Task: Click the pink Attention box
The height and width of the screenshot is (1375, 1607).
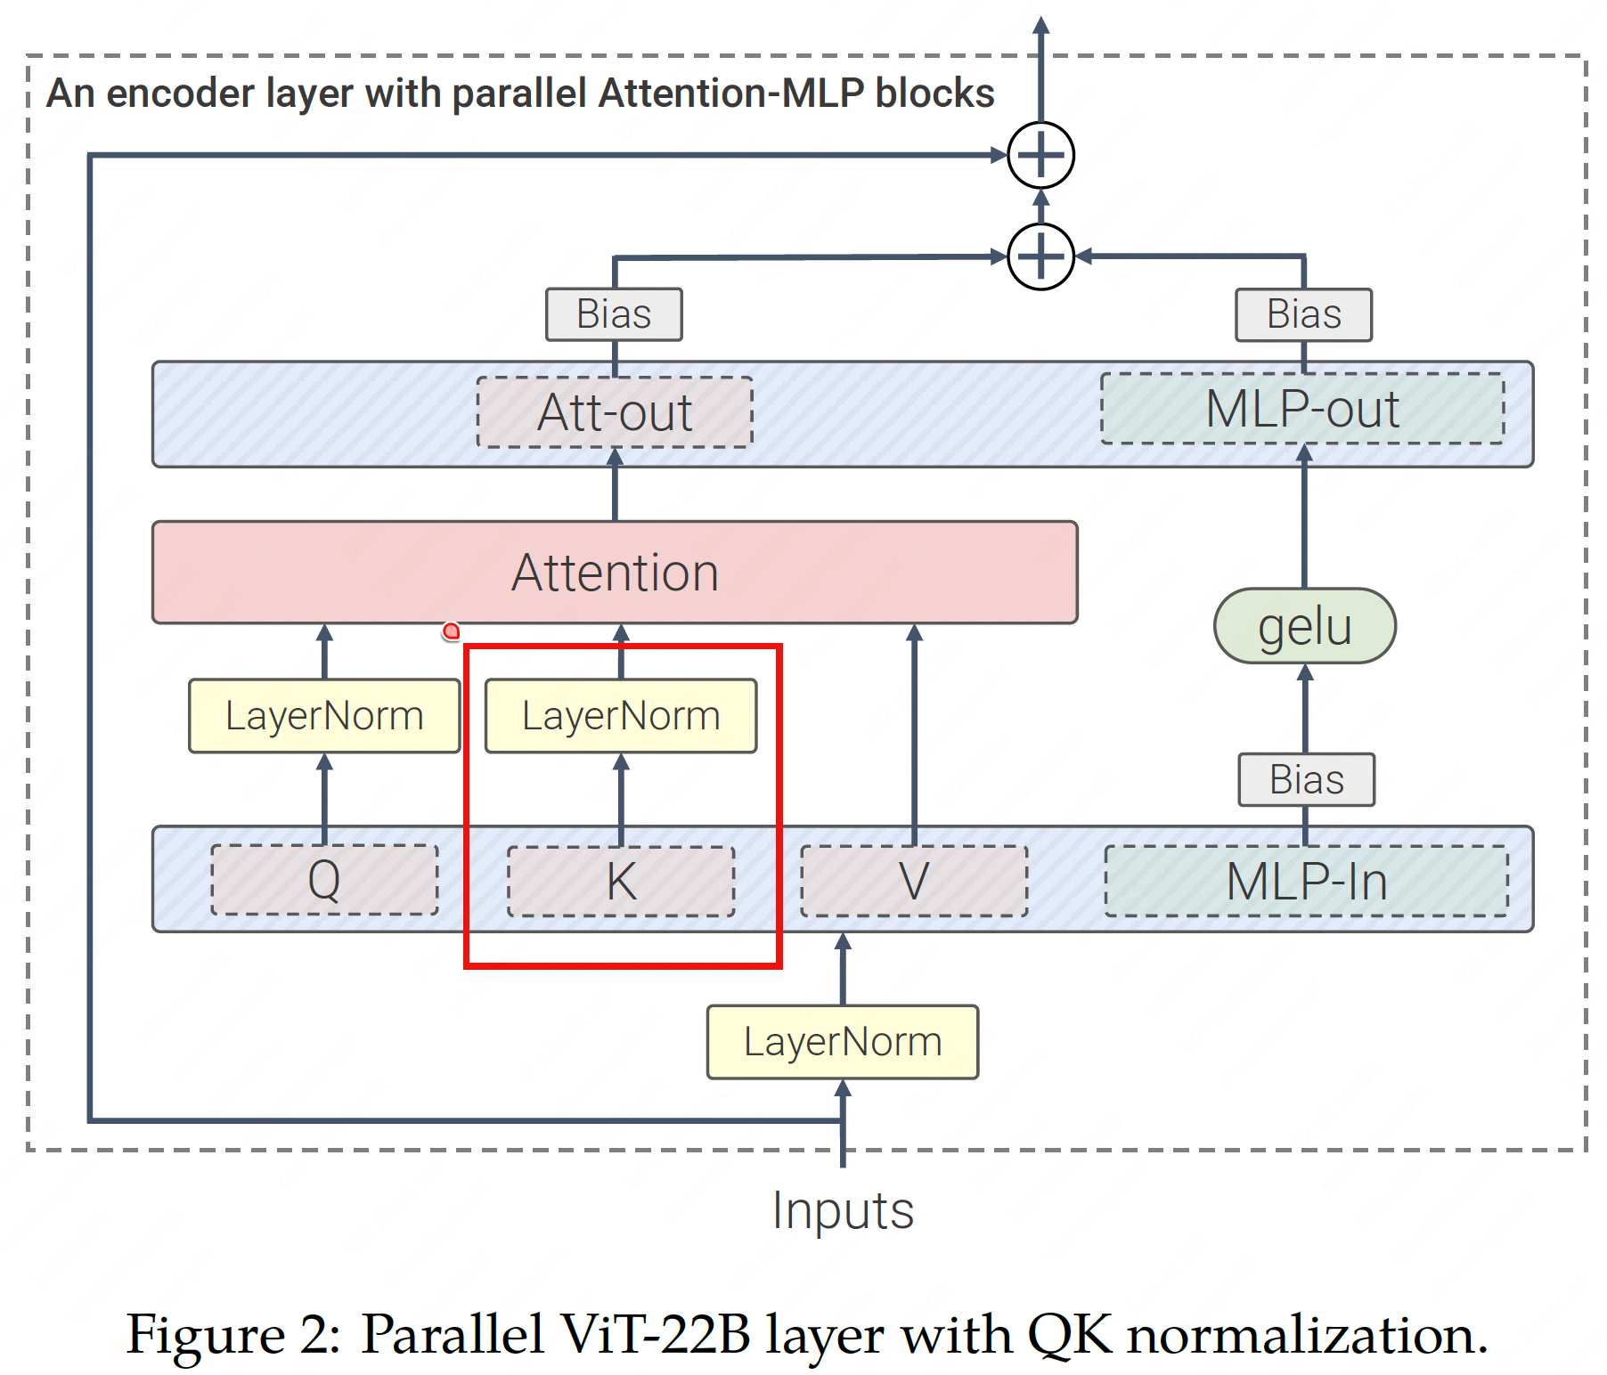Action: [x=615, y=572]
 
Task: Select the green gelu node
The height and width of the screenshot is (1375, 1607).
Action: [x=1304, y=626]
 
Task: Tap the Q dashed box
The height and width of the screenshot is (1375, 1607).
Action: [x=324, y=880]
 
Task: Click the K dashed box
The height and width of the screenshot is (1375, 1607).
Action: [x=621, y=882]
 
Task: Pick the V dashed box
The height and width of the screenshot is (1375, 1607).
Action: [x=914, y=882]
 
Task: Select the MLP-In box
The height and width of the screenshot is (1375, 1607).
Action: [x=1306, y=882]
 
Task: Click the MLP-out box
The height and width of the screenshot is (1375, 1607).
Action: [x=1302, y=409]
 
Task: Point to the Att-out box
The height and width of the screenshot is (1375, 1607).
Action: [x=615, y=412]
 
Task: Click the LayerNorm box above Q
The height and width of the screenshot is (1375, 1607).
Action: [x=324, y=716]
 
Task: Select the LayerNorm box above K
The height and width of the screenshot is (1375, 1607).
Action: [x=621, y=716]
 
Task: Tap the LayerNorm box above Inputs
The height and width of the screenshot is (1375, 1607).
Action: [x=843, y=1042]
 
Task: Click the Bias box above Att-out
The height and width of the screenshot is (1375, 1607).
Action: [x=614, y=314]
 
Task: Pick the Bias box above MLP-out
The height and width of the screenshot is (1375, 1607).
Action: [x=1303, y=314]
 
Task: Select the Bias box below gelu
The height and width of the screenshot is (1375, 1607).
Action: [x=1306, y=780]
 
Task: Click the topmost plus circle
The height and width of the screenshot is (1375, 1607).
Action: [x=1040, y=155]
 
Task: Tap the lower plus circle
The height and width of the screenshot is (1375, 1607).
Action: [x=1040, y=256]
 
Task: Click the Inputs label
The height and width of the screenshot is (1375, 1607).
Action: [x=843, y=1211]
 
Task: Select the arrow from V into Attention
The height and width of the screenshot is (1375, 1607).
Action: [x=914, y=730]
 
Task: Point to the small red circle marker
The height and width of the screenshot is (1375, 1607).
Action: [x=452, y=631]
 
